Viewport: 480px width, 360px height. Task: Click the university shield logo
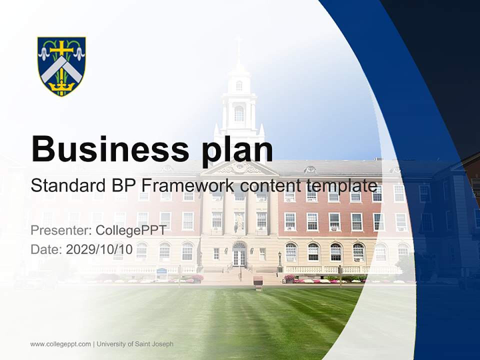click(61, 66)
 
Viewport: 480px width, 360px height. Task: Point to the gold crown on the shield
click(61, 87)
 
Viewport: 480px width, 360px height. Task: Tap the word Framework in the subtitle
click(188, 185)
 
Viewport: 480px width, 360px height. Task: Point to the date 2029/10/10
click(99, 249)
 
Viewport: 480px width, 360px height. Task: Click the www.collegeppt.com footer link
click(60, 344)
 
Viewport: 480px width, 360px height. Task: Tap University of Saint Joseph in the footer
click(135, 344)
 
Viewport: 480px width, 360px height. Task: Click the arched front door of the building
click(239, 255)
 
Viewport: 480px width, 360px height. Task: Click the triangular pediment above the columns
click(239, 167)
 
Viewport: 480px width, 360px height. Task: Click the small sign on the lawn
click(258, 281)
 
